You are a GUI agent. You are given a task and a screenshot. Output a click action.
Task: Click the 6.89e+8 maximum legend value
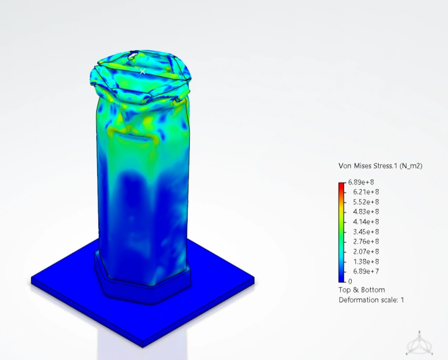361,182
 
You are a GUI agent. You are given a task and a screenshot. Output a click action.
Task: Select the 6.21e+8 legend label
366,192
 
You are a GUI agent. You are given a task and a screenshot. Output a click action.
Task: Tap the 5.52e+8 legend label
366,202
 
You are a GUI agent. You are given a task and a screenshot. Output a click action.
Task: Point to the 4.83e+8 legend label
366,212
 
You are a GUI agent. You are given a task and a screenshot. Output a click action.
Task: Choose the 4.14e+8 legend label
366,222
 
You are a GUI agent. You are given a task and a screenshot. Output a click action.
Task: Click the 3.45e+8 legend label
366,232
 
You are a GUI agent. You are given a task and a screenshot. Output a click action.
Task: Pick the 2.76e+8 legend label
366,242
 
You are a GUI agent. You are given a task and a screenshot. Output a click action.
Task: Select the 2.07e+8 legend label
366,252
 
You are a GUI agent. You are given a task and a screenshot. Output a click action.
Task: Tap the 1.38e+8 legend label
366,262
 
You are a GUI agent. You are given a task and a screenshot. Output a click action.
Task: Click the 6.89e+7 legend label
366,271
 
